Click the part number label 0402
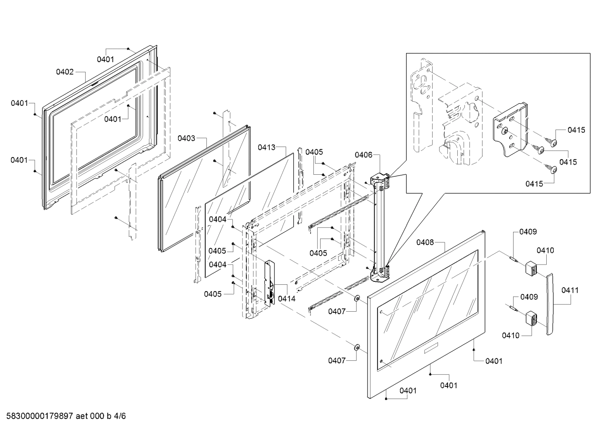[x=65, y=72]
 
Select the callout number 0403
[x=186, y=138]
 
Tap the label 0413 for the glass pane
[x=266, y=147]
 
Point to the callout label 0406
[x=363, y=155]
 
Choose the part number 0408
[x=425, y=242]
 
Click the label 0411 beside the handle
[x=570, y=290]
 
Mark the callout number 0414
[x=287, y=299]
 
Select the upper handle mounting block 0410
[x=532, y=268]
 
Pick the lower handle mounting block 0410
[x=532, y=317]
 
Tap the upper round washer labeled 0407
[x=357, y=298]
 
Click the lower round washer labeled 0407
[x=357, y=347]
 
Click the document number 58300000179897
[x=38, y=416]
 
